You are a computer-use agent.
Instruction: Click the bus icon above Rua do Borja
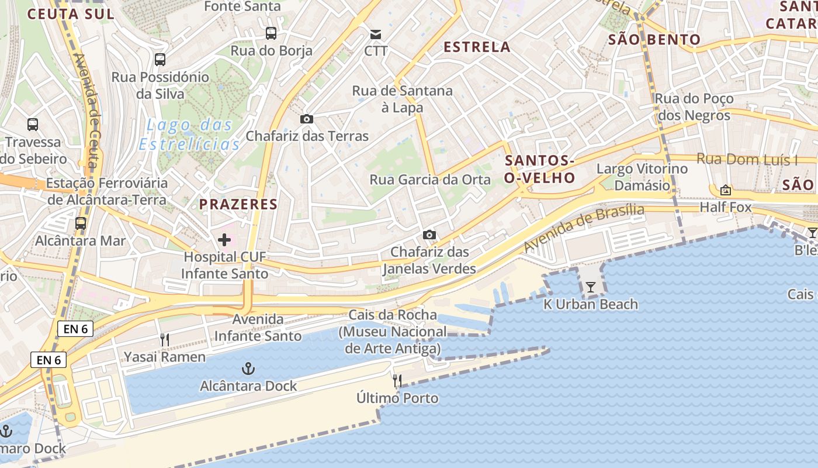[x=271, y=33]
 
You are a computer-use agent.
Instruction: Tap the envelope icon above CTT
[x=376, y=35]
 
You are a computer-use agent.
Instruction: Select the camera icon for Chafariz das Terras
[x=306, y=119]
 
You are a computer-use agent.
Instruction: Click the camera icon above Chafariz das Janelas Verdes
[x=429, y=235]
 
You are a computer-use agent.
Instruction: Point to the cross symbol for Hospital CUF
[x=224, y=240]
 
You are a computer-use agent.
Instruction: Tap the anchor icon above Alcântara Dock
[x=249, y=369]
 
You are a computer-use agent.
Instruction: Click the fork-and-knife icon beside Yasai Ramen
[x=165, y=340]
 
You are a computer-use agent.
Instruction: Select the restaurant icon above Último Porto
[x=397, y=381]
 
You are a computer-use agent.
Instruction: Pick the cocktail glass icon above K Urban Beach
[x=591, y=287]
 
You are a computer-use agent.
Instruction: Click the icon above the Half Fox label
[x=726, y=190]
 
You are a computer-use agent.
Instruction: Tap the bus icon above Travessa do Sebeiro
[x=33, y=125]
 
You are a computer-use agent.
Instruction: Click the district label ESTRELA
[x=477, y=47]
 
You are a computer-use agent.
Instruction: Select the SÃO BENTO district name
[x=654, y=40]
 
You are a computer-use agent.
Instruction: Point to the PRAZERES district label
[x=238, y=204]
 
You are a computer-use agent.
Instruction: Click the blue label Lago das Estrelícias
[x=189, y=135]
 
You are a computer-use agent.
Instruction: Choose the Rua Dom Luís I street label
[x=747, y=159]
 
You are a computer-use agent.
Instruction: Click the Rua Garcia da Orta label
[x=430, y=180]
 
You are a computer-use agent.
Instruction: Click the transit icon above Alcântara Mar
[x=81, y=223]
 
